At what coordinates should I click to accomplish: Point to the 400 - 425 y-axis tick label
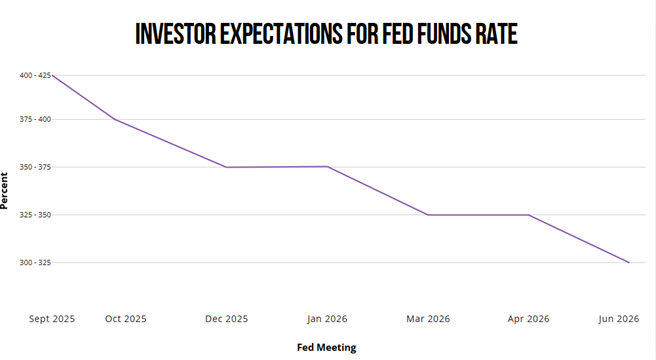34,75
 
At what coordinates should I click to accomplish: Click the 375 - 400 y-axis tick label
34,119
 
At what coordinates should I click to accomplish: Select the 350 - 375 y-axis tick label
34,167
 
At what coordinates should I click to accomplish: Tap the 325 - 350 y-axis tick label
34,215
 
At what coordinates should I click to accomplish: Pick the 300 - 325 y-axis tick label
34,262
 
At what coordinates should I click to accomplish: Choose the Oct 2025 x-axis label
126,319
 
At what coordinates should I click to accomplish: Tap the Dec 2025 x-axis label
227,319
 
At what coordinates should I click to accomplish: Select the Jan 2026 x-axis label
327,319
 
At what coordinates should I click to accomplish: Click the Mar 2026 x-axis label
428,319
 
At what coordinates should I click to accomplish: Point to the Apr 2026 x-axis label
528,319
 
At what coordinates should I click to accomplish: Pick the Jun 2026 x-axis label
618,319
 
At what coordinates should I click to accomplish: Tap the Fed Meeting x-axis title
326,347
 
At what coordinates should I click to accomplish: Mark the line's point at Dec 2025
227,167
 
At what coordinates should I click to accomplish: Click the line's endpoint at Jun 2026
629,262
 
